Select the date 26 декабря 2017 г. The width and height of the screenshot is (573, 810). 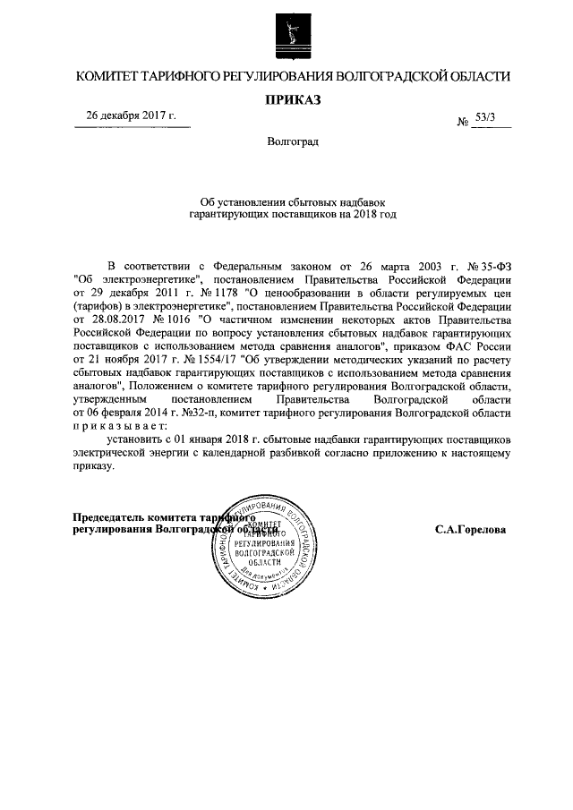131,116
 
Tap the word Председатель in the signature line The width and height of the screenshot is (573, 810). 111,516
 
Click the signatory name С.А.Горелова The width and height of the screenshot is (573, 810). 471,529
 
